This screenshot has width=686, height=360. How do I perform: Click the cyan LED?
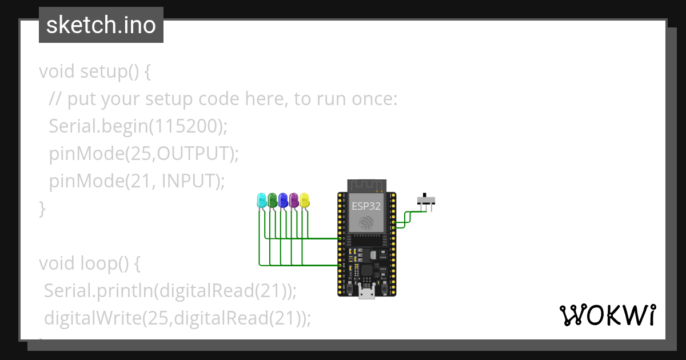[262, 200]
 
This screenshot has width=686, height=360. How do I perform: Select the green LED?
[273, 200]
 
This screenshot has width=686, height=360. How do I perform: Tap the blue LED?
[283, 200]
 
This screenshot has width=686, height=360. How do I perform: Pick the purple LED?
[294, 200]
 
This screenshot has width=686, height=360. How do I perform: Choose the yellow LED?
[305, 200]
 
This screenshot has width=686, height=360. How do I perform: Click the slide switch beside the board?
[426, 200]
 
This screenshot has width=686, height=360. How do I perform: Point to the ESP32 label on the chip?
[366, 206]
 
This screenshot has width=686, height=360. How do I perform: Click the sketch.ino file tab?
[101, 25]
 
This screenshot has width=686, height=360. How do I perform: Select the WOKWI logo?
[607, 315]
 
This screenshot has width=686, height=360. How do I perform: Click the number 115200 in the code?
[185, 126]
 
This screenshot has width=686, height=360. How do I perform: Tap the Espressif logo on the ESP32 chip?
[366, 223]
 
